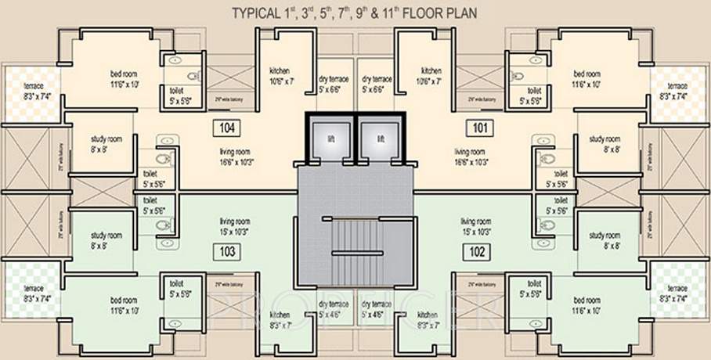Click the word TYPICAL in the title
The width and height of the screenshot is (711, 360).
point(258,13)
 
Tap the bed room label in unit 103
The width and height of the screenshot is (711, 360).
point(124,304)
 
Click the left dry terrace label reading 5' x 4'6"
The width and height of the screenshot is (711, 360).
point(333,308)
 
